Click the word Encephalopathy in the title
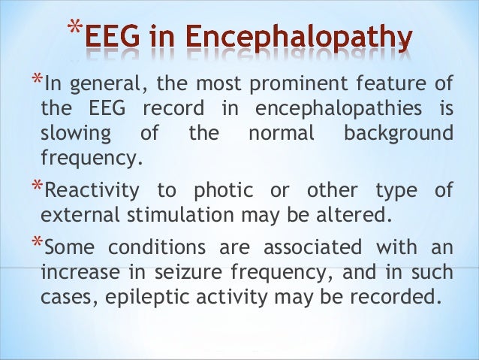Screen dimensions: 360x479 point(308,38)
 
